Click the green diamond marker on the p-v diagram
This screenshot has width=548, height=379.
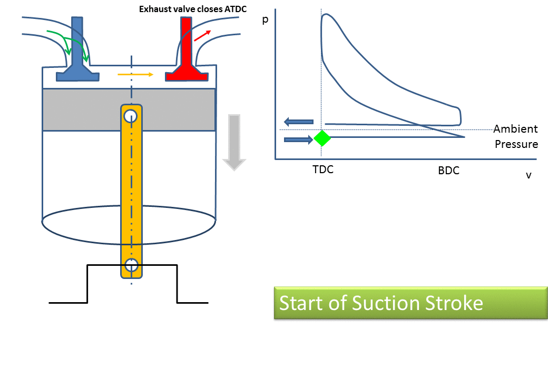click(322, 138)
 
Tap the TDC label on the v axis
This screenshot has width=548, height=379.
click(323, 170)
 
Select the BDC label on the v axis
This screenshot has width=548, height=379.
click(448, 171)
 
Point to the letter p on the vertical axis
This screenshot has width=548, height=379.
click(265, 21)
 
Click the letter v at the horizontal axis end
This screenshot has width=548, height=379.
click(528, 175)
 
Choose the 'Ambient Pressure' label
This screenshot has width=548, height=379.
click(516, 136)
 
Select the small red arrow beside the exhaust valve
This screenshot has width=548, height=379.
click(202, 35)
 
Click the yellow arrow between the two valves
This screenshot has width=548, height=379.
click(135, 74)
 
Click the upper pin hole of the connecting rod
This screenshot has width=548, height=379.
click(131, 115)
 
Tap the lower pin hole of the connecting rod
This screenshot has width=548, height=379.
click(131, 264)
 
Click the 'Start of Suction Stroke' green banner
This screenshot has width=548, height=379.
click(410, 303)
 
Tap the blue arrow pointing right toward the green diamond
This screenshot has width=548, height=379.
click(298, 139)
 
